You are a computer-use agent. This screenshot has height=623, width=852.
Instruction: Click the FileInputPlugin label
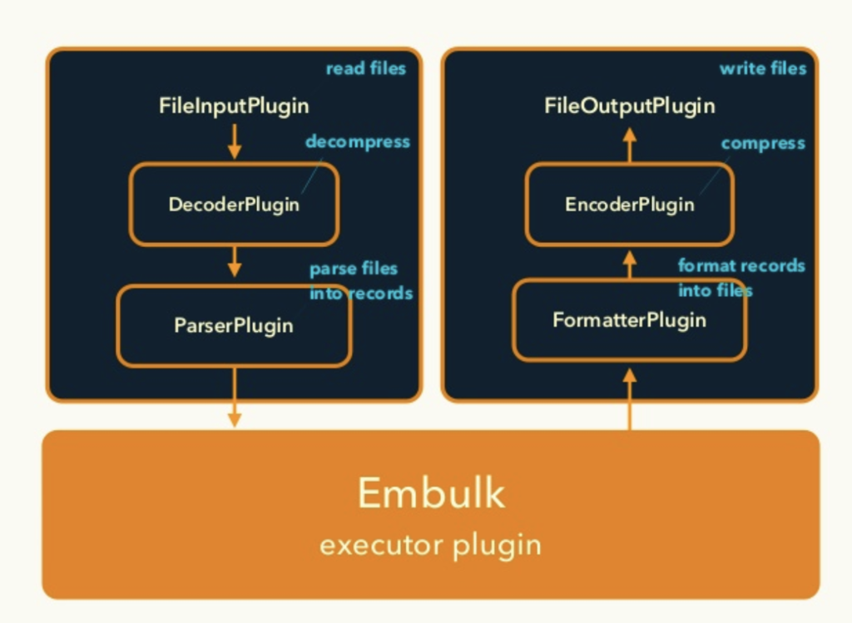234,106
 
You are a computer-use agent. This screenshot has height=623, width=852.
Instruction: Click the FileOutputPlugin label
629,106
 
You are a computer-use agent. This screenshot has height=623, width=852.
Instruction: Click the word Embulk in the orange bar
432,492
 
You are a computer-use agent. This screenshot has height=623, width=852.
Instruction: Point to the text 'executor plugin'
430,546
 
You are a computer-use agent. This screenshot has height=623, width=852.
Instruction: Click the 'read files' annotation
366,68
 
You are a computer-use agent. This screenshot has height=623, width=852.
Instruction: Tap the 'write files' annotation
763,68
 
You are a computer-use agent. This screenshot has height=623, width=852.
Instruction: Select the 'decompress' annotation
358,142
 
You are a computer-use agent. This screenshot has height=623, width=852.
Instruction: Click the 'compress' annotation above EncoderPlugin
763,143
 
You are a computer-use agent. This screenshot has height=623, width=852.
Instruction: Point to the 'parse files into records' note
361,281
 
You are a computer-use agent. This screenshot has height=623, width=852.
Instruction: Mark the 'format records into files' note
741,278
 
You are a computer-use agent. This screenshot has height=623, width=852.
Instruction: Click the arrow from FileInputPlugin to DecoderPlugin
234,141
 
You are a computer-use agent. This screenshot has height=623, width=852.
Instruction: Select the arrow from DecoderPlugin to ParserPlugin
234,262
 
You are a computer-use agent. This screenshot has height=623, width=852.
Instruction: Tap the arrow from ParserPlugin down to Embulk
234,398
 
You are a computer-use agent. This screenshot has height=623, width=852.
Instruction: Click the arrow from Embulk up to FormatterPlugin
630,399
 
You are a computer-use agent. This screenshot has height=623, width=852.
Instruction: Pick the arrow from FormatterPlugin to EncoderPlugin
630,265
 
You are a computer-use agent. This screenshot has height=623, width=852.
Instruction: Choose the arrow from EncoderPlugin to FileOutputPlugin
630,145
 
